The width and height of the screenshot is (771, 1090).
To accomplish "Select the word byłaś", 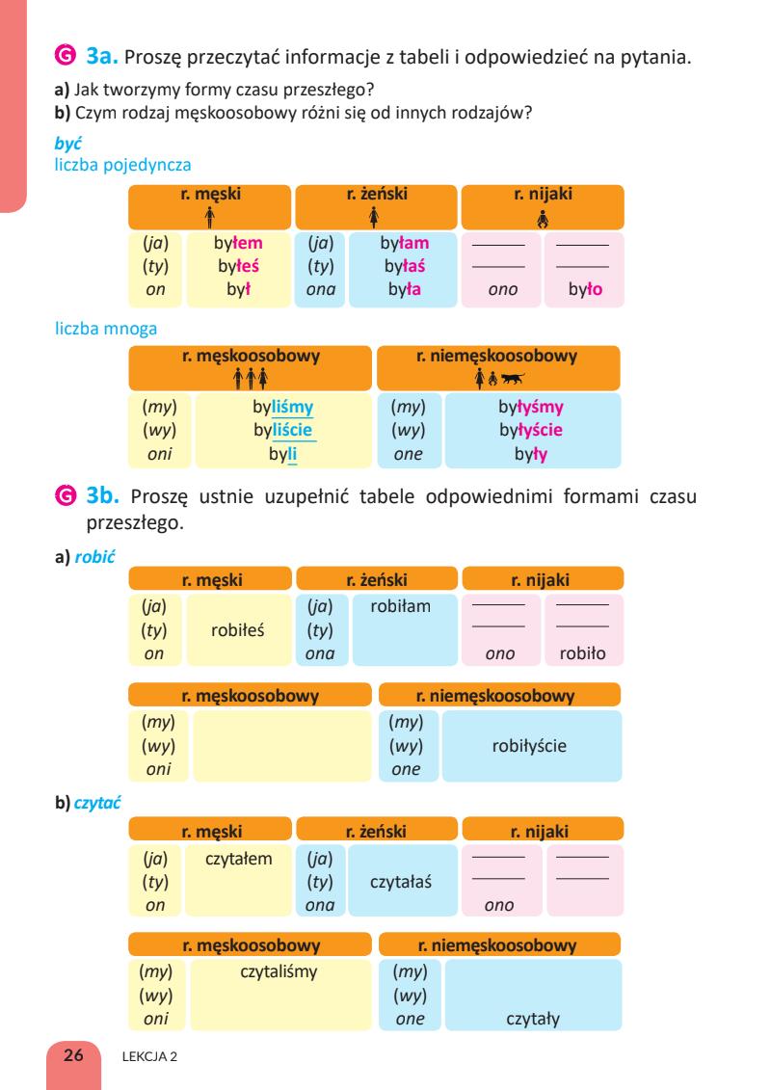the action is (x=406, y=266).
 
